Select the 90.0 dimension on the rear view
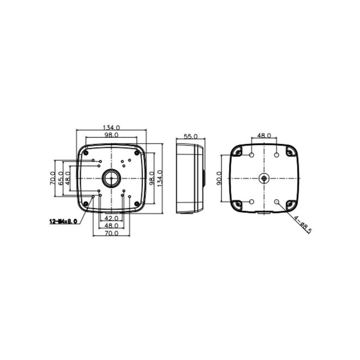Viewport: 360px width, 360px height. click(x=219, y=179)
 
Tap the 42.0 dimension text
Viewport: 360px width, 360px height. click(x=111, y=218)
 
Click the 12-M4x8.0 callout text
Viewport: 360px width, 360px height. click(x=63, y=221)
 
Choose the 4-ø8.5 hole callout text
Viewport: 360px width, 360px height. click(x=304, y=223)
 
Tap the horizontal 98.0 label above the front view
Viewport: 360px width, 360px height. click(x=111, y=135)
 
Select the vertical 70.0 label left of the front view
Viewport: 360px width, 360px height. click(x=52, y=179)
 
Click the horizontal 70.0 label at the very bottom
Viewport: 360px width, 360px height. click(x=111, y=233)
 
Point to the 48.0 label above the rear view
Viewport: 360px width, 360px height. click(x=264, y=135)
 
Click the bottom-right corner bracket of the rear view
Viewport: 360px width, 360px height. click(x=290, y=205)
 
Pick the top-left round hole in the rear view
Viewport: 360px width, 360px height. click(x=252, y=155)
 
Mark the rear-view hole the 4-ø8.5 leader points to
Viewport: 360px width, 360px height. click(x=277, y=202)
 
